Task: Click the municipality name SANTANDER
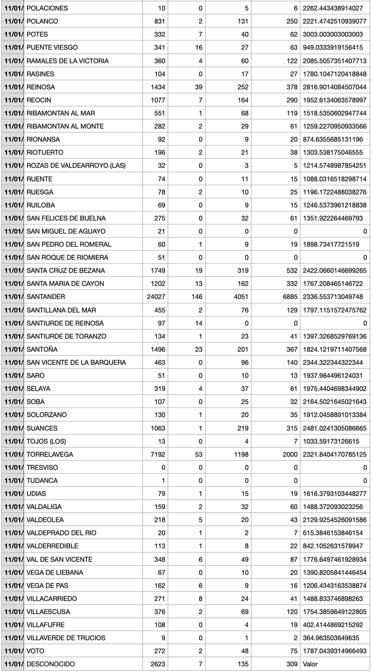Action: click(46, 297)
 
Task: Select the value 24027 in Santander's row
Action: click(156, 297)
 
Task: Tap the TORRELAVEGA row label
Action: click(50, 454)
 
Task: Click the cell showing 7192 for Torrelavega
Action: click(158, 454)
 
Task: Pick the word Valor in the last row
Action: click(311, 664)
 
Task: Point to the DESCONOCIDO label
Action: click(50, 664)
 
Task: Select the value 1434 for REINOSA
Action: click(158, 87)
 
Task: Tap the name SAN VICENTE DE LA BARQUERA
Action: click(76, 363)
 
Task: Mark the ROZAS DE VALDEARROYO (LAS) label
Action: click(76, 166)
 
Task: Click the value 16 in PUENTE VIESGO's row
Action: click(198, 48)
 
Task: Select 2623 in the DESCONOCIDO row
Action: click(158, 664)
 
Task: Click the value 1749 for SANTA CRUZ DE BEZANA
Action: click(158, 271)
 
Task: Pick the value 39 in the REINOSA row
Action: click(198, 87)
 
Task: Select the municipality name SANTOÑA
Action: click(42, 349)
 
